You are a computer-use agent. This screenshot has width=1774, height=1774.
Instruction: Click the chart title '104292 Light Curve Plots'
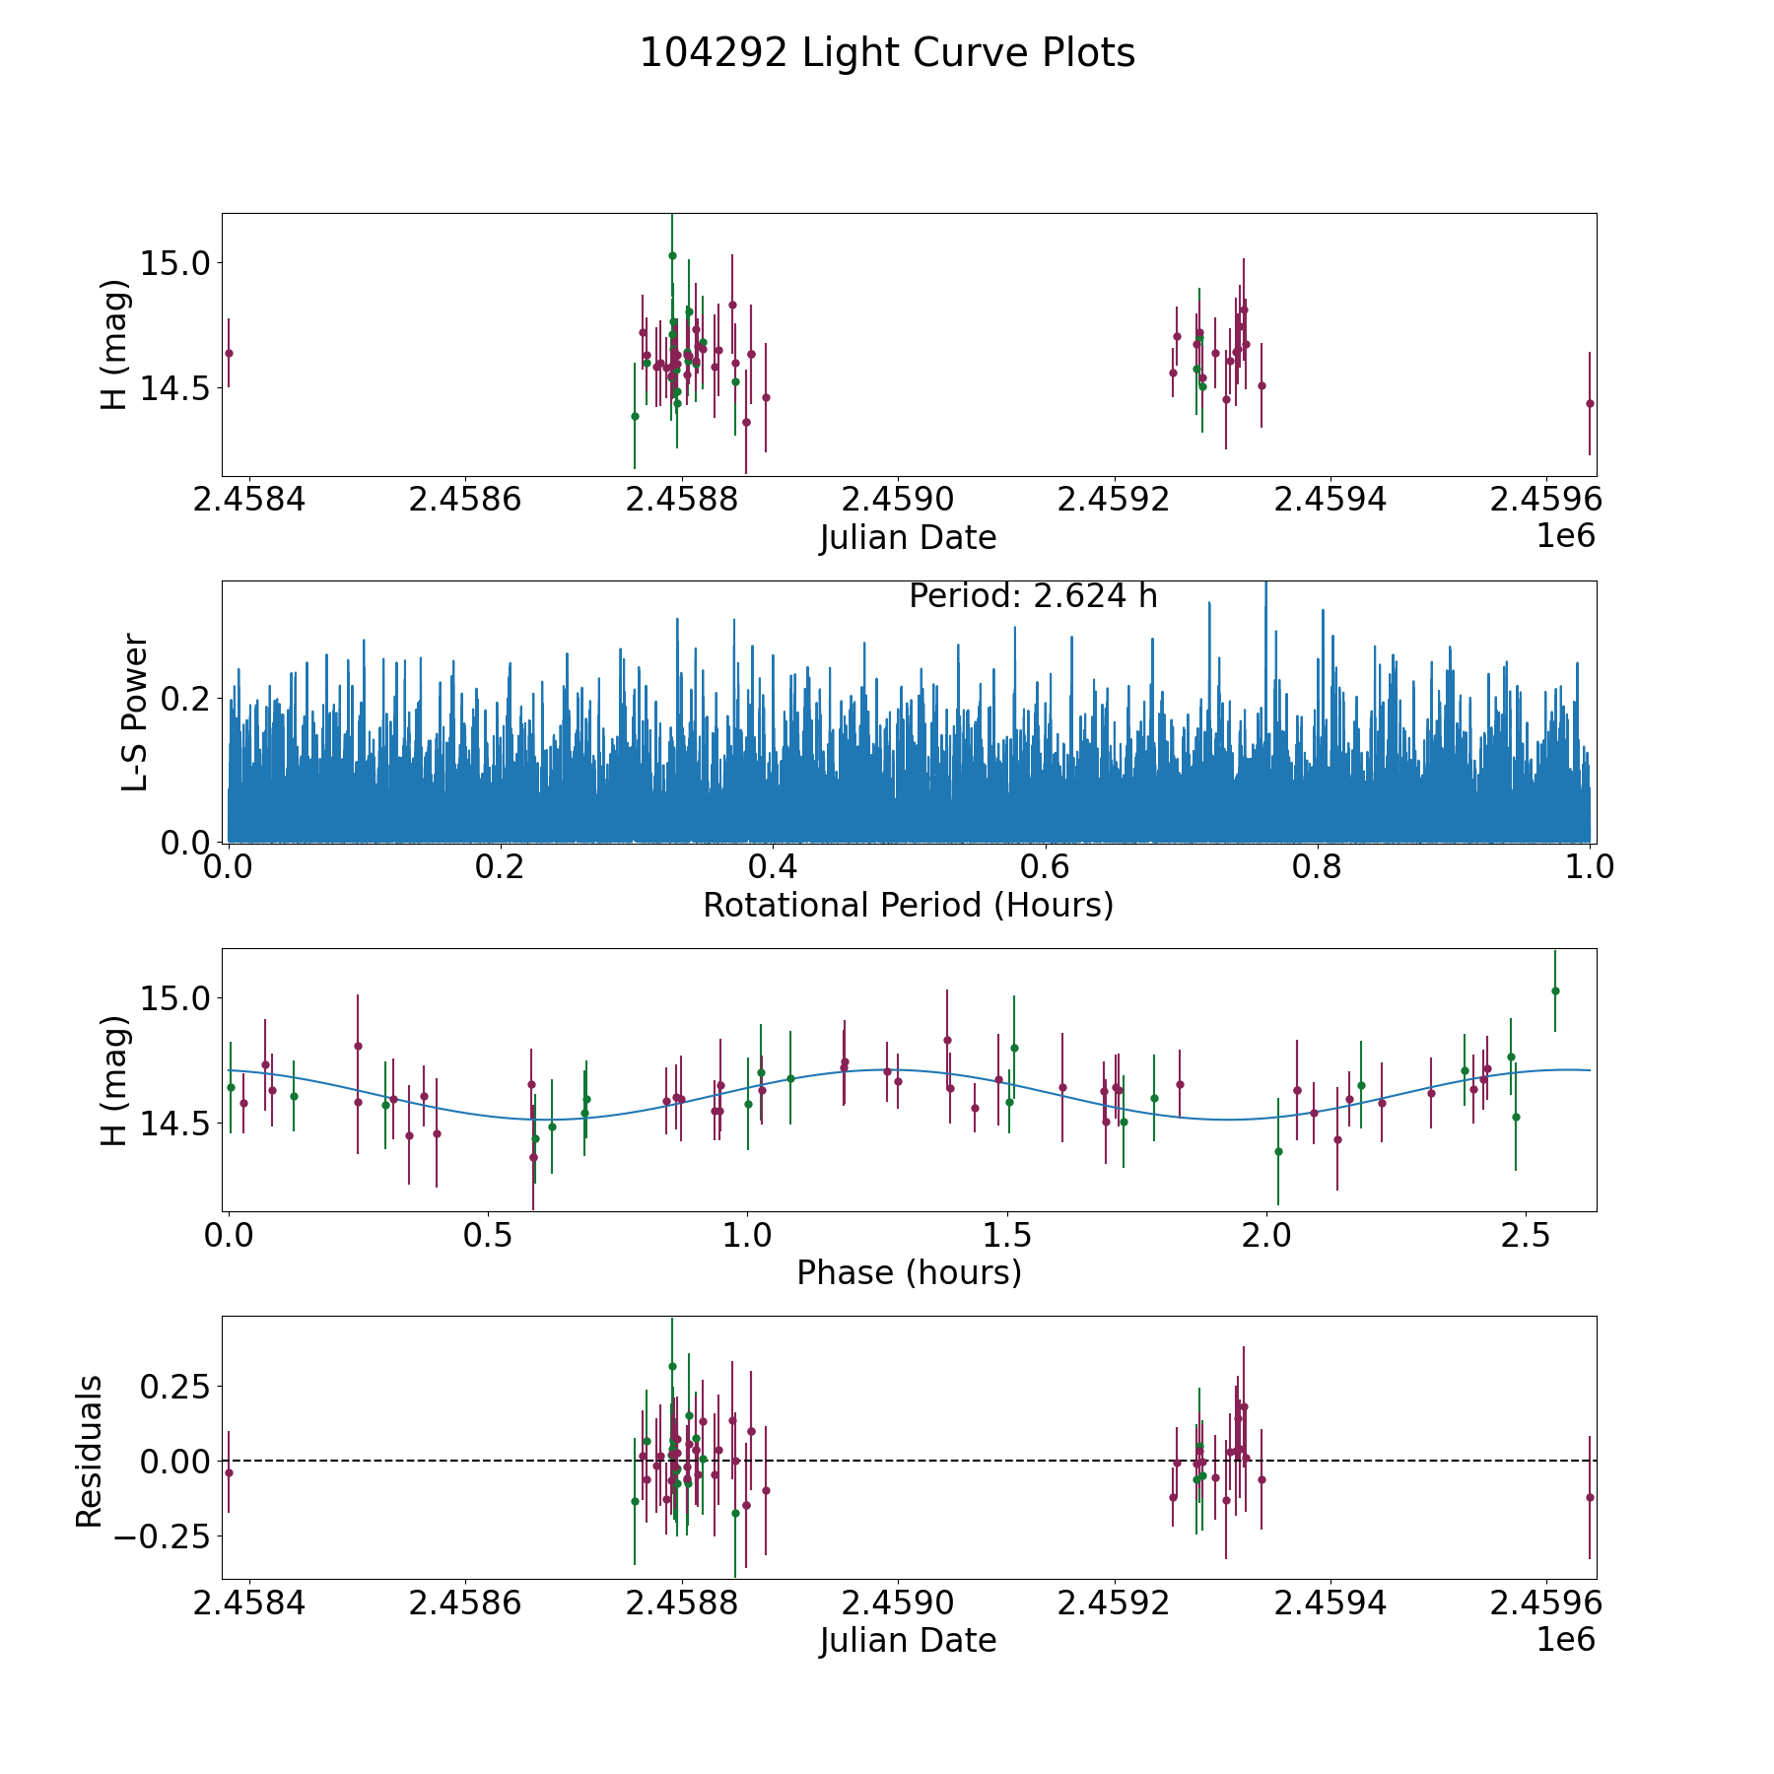[x=887, y=53]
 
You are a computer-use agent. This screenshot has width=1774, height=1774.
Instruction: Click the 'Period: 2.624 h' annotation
[x=1032, y=596]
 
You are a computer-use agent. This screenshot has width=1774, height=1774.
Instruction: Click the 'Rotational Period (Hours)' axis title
[x=908, y=905]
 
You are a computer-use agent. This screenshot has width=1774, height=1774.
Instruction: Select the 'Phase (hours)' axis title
[x=908, y=1273]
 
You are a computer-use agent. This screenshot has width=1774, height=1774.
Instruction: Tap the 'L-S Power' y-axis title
[x=135, y=712]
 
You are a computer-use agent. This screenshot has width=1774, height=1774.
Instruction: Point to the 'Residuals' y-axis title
[x=89, y=1452]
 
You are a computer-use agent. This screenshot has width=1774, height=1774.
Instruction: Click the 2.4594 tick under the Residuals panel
[x=1330, y=1604]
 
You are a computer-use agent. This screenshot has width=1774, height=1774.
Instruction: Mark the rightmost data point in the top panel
[x=1590, y=403]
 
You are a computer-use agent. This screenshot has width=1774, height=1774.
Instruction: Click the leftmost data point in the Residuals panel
[x=229, y=1472]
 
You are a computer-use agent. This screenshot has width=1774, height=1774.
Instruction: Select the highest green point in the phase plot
[x=1555, y=990]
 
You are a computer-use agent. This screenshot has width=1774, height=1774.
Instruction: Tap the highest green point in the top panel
[x=672, y=255]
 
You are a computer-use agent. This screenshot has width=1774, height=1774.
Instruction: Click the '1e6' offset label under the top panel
[x=1565, y=537]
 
